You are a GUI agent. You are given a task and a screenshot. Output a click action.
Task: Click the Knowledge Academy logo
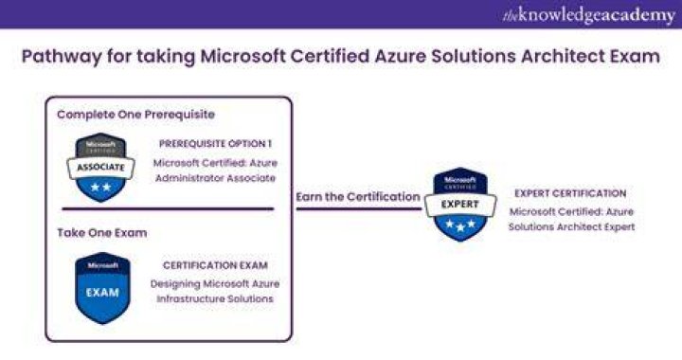coord(589,15)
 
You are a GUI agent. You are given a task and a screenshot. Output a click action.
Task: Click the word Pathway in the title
coord(62,57)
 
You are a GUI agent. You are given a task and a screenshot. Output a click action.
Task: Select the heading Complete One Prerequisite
coord(136,115)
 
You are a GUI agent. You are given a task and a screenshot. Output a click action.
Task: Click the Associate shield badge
coord(101,168)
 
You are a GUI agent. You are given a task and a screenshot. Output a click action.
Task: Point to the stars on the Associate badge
coord(101,188)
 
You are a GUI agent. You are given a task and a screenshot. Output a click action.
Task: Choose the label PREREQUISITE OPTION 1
coord(215,143)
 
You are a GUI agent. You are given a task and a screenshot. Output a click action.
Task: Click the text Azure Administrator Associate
coord(215,171)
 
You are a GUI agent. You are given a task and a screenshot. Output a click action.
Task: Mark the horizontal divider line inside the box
coord(168,208)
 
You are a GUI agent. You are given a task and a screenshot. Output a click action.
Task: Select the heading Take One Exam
coord(102,233)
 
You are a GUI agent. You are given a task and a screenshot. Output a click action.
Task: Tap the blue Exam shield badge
coord(102,288)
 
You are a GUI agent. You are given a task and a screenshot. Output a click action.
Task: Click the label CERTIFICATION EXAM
coord(215,265)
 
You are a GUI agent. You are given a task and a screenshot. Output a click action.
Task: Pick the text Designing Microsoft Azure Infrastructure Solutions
coord(215,291)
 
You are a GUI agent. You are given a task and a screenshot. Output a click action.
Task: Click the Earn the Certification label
coord(358,197)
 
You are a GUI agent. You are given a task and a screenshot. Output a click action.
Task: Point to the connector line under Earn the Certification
coord(359,209)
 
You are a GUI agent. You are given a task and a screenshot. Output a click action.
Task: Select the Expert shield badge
coord(460,204)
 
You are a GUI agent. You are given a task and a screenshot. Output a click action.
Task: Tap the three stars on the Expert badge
coord(460,225)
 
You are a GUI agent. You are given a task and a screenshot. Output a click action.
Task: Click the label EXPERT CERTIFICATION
coord(570,193)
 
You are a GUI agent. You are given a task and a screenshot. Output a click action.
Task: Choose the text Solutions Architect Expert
coord(571,227)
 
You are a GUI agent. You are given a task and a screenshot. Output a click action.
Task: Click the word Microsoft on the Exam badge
coord(102,265)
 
